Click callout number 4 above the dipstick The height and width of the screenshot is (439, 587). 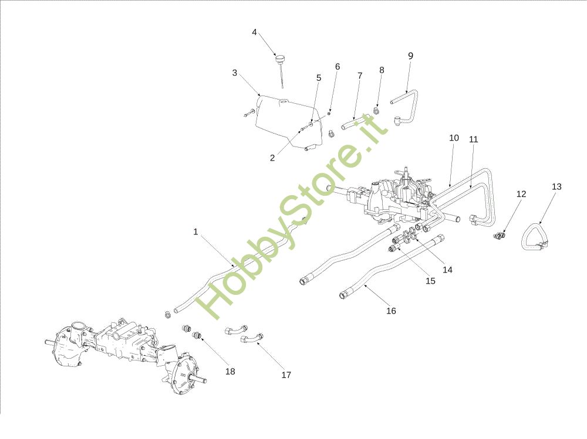[254, 32]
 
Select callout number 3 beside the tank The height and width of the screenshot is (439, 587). [235, 73]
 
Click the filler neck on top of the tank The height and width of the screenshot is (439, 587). [284, 101]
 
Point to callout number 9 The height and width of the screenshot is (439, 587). [410, 56]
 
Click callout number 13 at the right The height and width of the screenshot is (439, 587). [556, 186]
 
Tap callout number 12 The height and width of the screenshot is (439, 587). [521, 194]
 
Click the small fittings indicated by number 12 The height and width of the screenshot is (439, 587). [499, 236]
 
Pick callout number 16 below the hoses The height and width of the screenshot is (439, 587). [391, 311]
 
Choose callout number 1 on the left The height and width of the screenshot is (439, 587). [195, 232]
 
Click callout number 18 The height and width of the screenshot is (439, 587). [230, 371]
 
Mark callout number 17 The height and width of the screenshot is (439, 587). [286, 375]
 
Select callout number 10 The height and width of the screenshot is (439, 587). [453, 138]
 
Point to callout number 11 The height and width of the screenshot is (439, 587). [474, 139]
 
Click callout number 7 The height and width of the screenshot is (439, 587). [360, 76]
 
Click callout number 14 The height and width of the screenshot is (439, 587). [448, 270]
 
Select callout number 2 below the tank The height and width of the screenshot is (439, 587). [272, 158]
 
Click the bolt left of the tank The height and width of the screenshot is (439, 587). [248, 113]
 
